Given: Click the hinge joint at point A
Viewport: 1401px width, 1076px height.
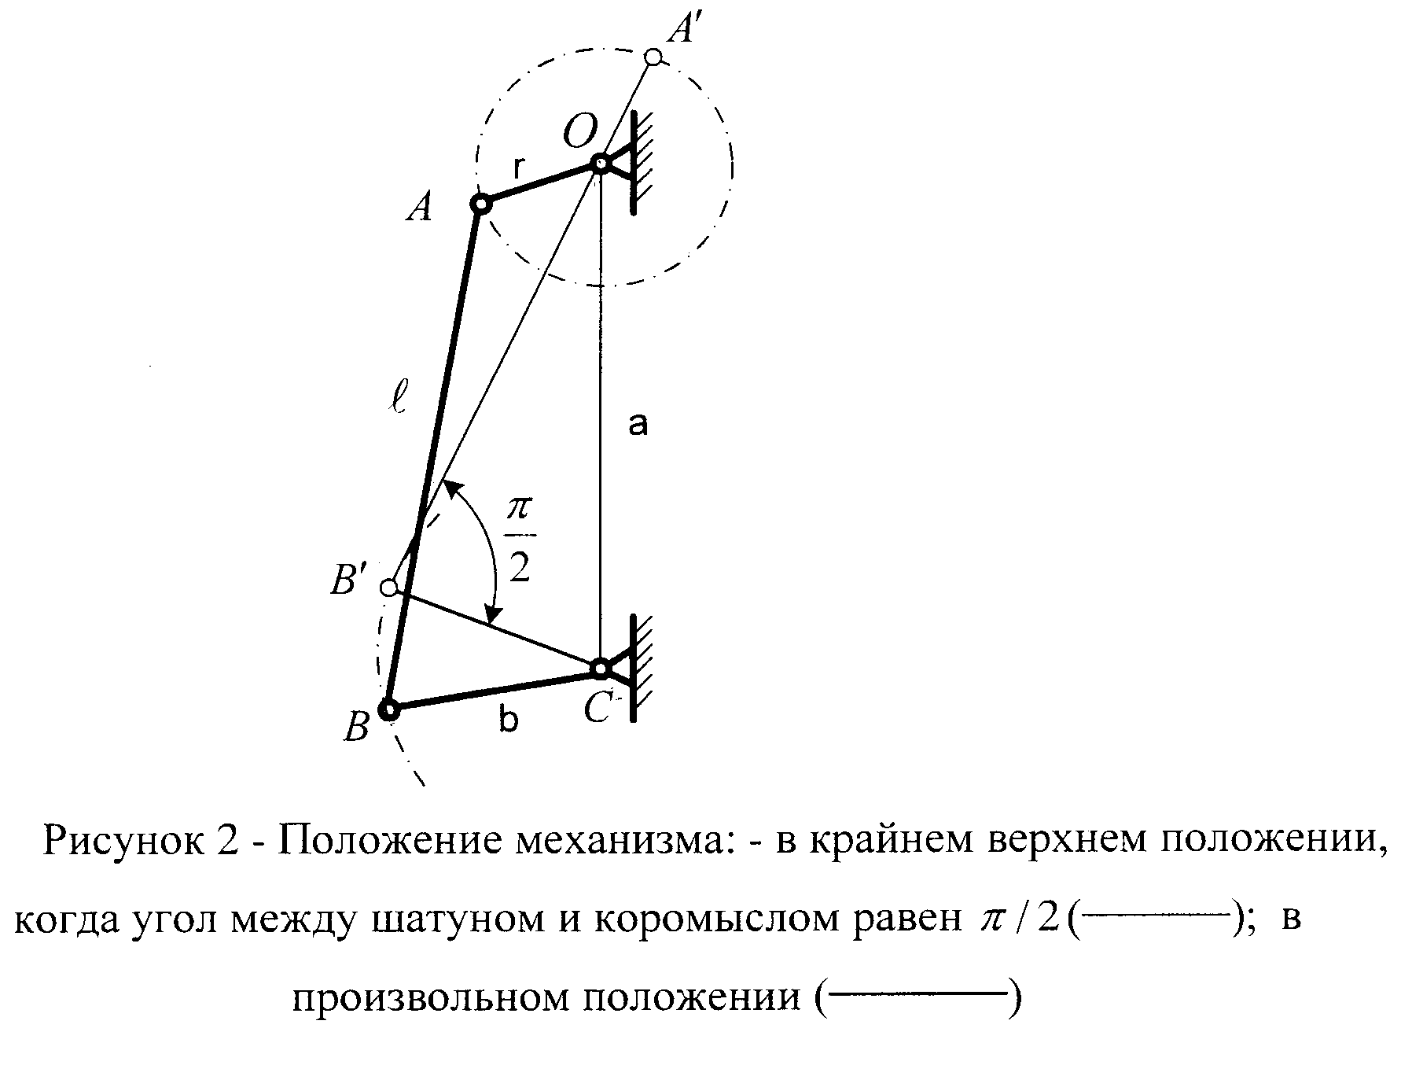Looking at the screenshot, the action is coord(480,205).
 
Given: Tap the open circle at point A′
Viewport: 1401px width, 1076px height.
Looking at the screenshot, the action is coord(653,57).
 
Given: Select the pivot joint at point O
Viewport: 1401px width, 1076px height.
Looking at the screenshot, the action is coord(600,164).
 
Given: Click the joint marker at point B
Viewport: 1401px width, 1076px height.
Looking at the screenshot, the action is coord(388,710).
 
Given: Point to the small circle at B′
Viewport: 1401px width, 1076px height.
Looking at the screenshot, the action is coord(388,587).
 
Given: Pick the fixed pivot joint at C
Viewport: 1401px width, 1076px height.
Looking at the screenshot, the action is coord(600,669).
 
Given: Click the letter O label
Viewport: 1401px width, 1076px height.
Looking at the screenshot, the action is coord(580,130).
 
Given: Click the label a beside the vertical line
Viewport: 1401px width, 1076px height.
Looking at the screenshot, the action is coord(638,425).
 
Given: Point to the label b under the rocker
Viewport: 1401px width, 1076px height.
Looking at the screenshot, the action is coord(509,719).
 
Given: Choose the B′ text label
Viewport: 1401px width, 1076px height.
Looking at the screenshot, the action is coord(348,583).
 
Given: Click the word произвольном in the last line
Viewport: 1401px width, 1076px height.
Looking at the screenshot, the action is coord(432,1000).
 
